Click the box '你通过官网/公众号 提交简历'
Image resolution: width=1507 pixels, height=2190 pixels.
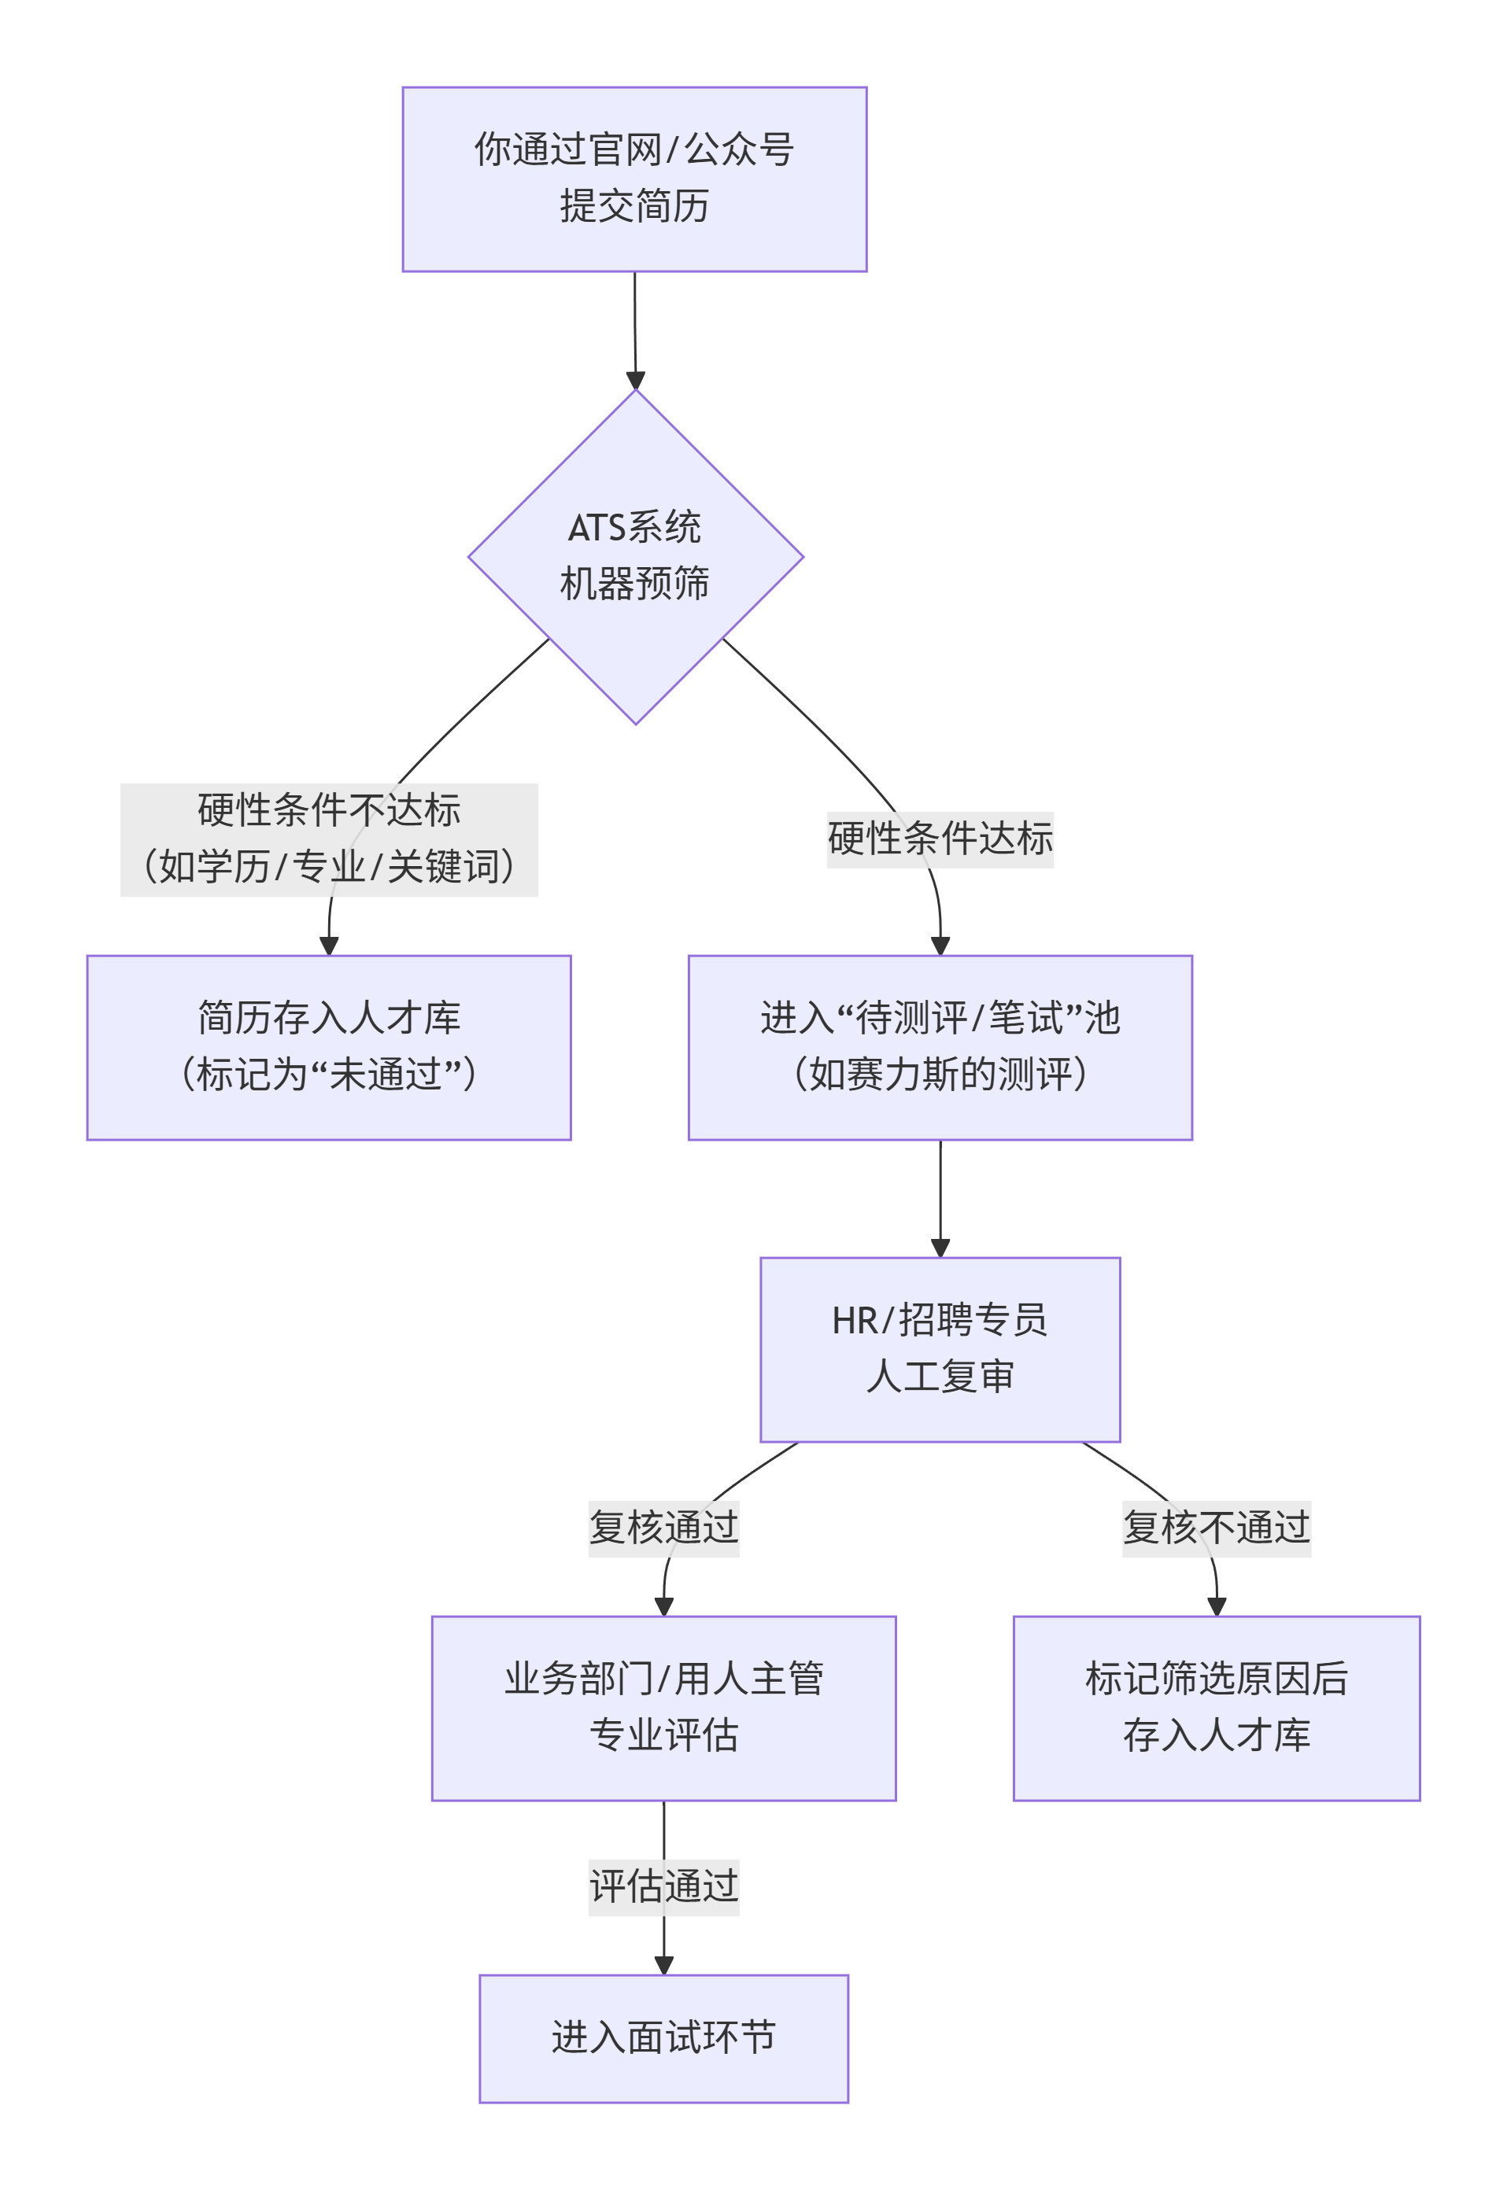[634, 179]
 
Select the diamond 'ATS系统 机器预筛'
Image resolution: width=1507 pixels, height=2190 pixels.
[636, 557]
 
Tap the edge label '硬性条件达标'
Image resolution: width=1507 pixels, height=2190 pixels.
[940, 839]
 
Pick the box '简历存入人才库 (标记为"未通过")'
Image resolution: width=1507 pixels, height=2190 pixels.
[329, 1047]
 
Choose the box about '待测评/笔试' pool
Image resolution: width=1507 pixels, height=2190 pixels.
[940, 1047]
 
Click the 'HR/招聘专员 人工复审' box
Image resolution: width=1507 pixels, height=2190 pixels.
[940, 1349]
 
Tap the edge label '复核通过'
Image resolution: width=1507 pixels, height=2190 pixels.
[664, 1528]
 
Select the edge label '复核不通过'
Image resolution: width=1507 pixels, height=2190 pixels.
[1216, 1528]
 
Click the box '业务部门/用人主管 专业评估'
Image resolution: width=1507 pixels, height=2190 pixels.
[664, 1708]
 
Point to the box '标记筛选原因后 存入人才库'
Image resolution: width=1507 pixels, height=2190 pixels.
[1216, 1708]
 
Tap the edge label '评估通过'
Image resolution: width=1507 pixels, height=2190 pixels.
[664, 1887]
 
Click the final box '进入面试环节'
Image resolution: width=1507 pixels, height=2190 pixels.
[664, 2038]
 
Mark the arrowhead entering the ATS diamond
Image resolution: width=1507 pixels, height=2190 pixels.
[636, 381]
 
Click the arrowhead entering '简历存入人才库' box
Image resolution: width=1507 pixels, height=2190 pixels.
[329, 946]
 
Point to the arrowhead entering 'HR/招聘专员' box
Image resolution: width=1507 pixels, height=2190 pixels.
[940, 1248]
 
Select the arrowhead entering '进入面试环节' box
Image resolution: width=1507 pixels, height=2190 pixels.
[664, 1965]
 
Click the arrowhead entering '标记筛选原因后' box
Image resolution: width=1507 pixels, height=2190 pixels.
[1216, 1606]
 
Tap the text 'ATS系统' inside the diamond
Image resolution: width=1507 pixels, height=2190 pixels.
[634, 528]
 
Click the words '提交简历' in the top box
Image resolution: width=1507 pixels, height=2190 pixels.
[634, 207]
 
